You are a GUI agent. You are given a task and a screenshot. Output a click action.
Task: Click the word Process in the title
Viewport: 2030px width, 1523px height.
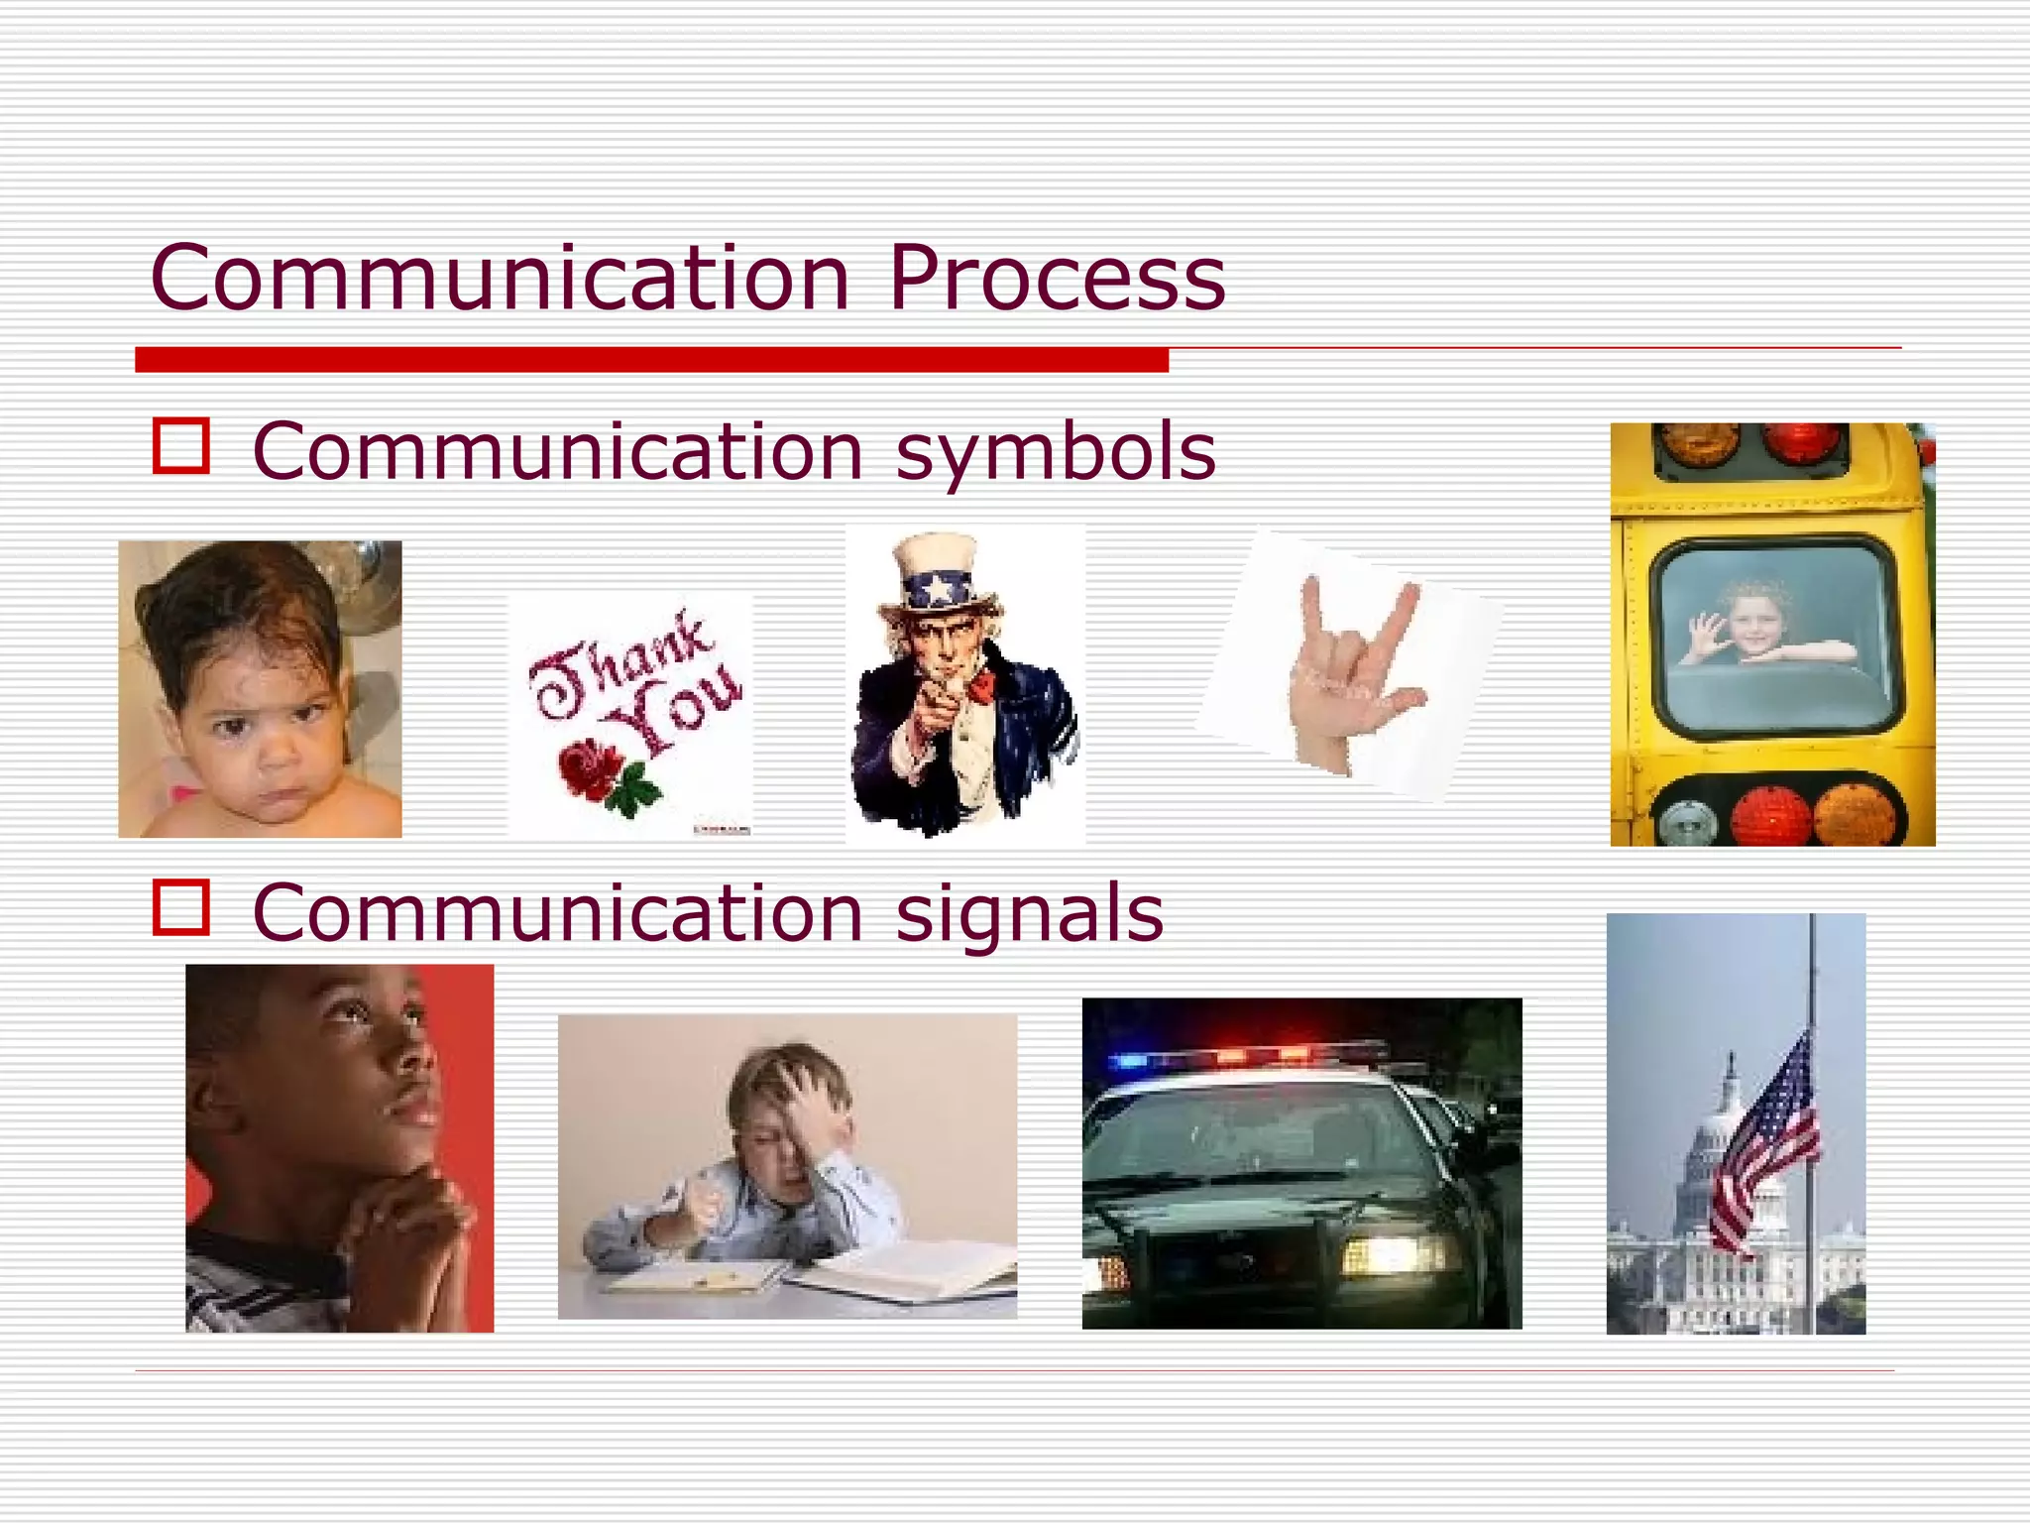tap(1057, 278)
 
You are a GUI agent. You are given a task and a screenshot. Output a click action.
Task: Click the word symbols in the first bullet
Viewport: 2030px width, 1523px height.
tap(1056, 452)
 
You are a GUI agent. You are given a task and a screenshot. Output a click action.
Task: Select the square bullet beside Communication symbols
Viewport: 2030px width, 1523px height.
tap(181, 446)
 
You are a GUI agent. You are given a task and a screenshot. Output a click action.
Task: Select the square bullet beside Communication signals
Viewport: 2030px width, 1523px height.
tap(181, 906)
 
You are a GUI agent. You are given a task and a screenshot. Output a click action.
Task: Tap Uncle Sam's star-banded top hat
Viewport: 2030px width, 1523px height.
tap(939, 576)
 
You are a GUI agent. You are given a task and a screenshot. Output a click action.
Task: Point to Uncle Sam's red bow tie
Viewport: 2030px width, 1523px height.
tap(981, 685)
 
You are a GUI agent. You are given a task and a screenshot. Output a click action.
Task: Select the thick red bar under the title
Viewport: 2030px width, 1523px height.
tap(651, 360)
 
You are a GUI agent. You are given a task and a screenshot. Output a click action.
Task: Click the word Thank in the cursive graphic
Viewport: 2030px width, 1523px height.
tap(620, 664)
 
